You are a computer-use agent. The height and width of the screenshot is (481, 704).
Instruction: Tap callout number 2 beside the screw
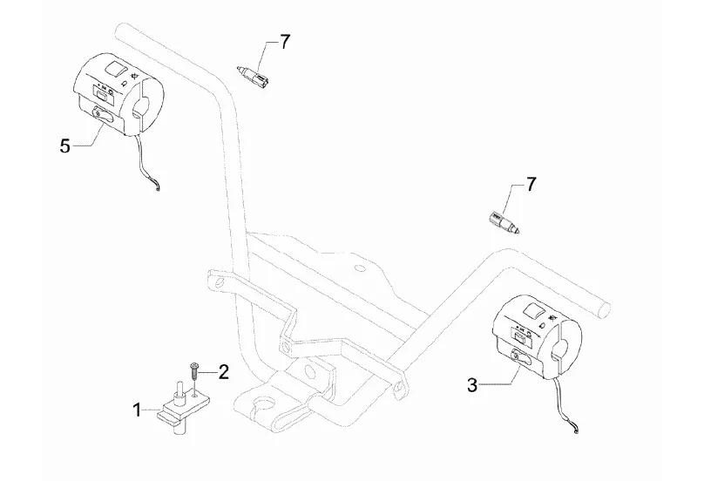[223, 372]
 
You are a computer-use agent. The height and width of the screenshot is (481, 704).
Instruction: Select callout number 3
[472, 385]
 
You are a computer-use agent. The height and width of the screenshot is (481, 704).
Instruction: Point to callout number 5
[65, 146]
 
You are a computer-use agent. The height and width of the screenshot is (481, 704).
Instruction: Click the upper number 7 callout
[285, 42]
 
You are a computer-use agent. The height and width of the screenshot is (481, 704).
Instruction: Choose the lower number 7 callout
[531, 184]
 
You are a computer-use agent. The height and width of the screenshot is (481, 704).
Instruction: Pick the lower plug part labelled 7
[504, 224]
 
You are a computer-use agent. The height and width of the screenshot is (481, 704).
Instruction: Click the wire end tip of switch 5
[158, 190]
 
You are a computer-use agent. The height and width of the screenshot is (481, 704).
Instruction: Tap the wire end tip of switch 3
[576, 432]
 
